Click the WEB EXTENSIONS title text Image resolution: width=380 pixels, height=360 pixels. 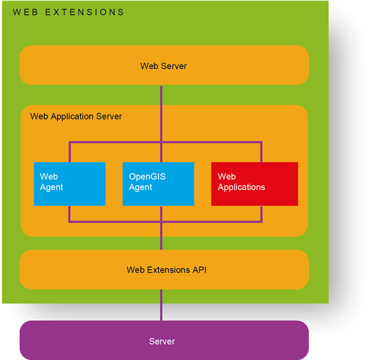pos(68,12)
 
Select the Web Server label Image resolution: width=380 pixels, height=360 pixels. pos(163,66)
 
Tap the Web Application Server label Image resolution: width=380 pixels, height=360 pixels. pos(76,116)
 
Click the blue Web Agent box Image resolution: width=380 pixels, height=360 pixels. pos(70,183)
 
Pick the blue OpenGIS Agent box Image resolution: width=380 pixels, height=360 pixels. pos(158,183)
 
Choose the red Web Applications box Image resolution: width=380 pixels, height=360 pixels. pos(254,183)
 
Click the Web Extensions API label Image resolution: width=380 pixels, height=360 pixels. pos(167,270)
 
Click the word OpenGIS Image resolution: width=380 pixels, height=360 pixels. pos(147,177)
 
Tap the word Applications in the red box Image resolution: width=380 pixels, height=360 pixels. pos(241,187)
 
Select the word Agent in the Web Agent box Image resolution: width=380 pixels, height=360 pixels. pos(51,187)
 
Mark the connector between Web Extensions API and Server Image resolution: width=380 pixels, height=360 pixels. pos(161,305)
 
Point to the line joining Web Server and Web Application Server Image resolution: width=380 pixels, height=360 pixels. pos(161,95)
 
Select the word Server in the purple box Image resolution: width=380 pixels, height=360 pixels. pos(162,342)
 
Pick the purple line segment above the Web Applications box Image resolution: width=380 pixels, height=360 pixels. pos(261,152)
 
